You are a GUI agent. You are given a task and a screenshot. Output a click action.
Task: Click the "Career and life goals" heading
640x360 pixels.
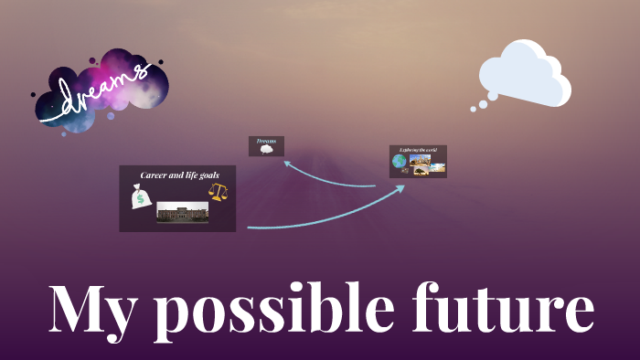click(x=177, y=174)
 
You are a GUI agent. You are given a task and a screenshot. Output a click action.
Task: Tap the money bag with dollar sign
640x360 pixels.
click(x=141, y=196)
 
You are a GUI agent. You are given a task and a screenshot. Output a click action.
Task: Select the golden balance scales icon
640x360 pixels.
click(x=217, y=191)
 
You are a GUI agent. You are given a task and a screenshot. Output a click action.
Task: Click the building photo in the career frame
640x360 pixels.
click(x=182, y=212)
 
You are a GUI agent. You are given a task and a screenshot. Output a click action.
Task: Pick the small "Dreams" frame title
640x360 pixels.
click(x=266, y=141)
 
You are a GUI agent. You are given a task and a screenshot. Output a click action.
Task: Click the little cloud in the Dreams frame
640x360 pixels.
click(x=266, y=149)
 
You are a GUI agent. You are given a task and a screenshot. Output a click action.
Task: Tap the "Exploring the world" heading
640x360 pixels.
click(x=418, y=149)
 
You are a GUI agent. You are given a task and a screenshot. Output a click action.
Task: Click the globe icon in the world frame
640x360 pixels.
click(x=400, y=162)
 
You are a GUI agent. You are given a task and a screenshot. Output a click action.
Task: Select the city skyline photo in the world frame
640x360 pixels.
click(x=420, y=159)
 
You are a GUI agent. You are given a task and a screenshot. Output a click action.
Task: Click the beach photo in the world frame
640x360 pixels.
click(x=437, y=167)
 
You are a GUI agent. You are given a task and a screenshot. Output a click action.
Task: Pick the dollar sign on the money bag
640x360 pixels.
click(x=140, y=200)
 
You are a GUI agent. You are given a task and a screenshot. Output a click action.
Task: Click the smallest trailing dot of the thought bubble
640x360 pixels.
click(x=473, y=109)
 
